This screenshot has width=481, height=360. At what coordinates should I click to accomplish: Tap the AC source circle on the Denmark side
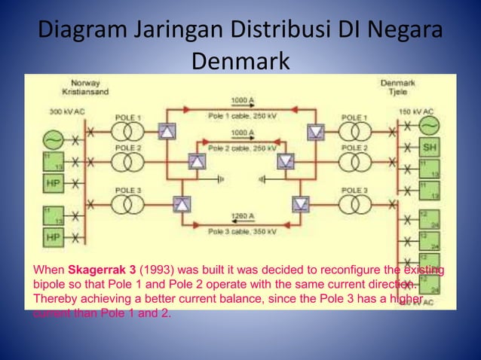428,124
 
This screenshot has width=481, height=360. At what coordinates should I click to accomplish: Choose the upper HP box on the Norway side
53,184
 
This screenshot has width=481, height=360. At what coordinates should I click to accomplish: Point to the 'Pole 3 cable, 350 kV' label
241,231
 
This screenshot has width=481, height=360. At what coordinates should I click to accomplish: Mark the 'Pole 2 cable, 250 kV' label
241,148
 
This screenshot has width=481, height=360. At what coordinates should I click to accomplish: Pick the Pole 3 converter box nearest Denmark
302,203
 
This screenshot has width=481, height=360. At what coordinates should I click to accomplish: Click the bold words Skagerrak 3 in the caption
102,270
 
